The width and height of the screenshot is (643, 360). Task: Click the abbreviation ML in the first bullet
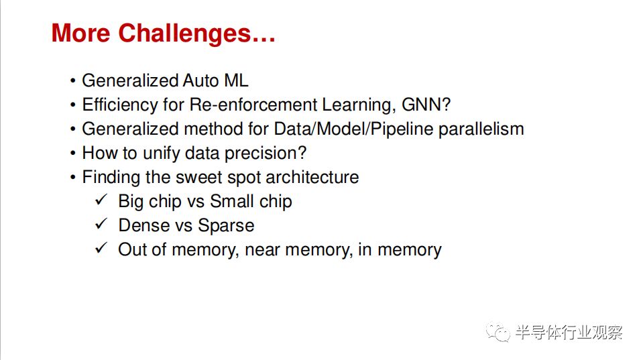click(236, 80)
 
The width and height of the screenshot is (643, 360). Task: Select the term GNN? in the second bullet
click(426, 105)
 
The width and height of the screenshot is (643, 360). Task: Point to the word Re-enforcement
click(253, 105)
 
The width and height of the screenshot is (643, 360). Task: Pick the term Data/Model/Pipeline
click(353, 129)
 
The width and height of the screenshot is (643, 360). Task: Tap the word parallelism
click(481, 129)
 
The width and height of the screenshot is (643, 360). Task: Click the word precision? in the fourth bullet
click(266, 154)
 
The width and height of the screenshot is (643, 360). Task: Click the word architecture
click(312, 177)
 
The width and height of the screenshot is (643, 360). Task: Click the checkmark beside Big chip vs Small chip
click(101, 200)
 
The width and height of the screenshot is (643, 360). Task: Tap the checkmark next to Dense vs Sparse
click(101, 225)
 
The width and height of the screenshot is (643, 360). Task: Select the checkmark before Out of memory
click(101, 249)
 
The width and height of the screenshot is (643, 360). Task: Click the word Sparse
click(226, 226)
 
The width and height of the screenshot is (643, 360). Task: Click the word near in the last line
click(262, 250)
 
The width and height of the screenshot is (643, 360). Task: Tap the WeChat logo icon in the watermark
click(498, 332)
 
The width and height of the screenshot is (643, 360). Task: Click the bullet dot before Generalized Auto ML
click(72, 80)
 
